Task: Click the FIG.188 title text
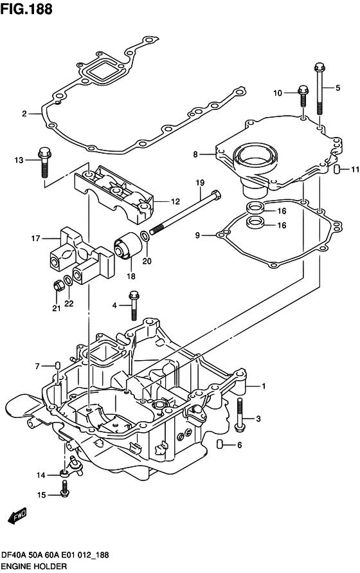coord(26,9)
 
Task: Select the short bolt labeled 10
coord(303,95)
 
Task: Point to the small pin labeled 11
coord(337,169)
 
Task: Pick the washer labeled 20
coord(145,236)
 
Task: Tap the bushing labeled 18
coord(129,245)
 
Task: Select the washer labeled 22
coord(68,281)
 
